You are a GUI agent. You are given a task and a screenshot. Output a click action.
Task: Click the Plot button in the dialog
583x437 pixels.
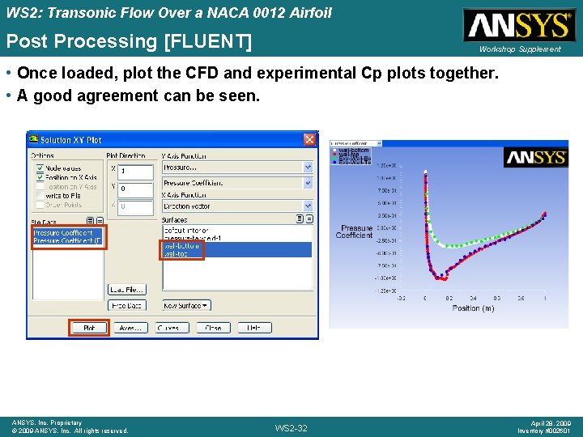pos(89,328)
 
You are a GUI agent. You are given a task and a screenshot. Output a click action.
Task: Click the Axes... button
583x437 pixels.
pos(130,328)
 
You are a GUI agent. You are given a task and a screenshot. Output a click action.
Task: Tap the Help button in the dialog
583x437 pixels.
pos(254,328)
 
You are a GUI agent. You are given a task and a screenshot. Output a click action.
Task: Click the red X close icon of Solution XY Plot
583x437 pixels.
pos(310,140)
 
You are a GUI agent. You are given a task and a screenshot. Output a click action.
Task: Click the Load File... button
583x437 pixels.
pos(128,289)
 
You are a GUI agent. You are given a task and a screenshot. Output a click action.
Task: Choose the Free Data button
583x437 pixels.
pos(128,306)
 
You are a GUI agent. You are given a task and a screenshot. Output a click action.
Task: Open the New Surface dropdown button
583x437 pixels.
pos(186,306)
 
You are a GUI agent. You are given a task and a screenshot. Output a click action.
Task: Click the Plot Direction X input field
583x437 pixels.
pos(135,172)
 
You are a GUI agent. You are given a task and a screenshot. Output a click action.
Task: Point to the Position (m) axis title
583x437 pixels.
pos(473,308)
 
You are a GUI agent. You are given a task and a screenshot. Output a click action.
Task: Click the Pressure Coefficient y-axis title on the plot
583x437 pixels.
pos(355,231)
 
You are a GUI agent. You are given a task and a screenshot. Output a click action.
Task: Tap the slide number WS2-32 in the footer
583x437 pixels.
pos(291,428)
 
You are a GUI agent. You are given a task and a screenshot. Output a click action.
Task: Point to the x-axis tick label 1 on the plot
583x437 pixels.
pos(544,299)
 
